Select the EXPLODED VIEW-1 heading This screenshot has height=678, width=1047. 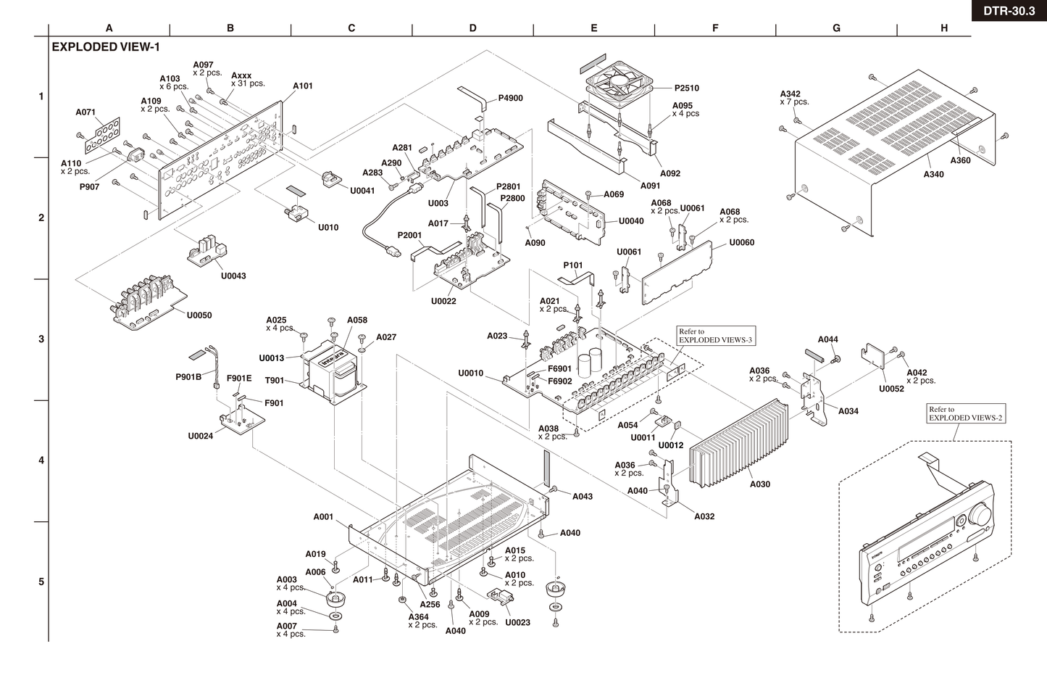[106, 47]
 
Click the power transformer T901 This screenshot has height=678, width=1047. [333, 371]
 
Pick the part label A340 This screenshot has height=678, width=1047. [933, 174]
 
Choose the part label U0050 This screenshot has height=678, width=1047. [199, 315]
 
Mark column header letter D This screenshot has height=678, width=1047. [472, 28]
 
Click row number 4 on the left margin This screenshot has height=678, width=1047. [41, 460]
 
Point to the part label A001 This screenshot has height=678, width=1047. [323, 517]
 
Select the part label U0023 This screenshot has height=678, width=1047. [517, 622]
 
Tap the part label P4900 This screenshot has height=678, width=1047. [510, 98]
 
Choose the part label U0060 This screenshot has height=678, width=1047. [741, 242]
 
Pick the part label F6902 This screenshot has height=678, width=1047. [559, 381]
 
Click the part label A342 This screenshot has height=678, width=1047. [791, 94]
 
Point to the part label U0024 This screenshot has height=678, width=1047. [200, 436]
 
